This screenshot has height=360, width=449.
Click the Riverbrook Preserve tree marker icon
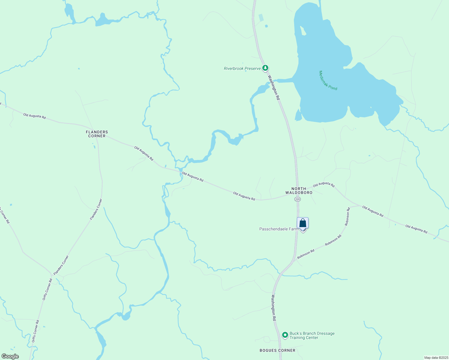tap(265, 68)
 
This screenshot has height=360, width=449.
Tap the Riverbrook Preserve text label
tap(242, 69)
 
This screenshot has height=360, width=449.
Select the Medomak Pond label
tap(328, 80)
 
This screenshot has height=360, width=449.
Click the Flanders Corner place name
tap(97, 134)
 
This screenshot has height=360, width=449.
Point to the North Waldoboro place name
tap(299, 191)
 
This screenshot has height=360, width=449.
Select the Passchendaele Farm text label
tap(279, 229)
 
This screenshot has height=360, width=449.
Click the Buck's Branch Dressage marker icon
tap(285, 334)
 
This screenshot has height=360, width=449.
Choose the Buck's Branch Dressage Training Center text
tap(312, 335)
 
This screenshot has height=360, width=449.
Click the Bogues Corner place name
tap(277, 350)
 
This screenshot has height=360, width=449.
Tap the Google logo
tap(10, 356)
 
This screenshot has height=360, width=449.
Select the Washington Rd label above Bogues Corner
tap(273, 308)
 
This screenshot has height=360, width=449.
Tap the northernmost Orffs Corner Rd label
tap(47, 289)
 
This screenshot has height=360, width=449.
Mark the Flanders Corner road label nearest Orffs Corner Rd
tap(61, 265)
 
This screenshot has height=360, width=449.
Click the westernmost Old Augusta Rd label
tap(35, 116)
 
